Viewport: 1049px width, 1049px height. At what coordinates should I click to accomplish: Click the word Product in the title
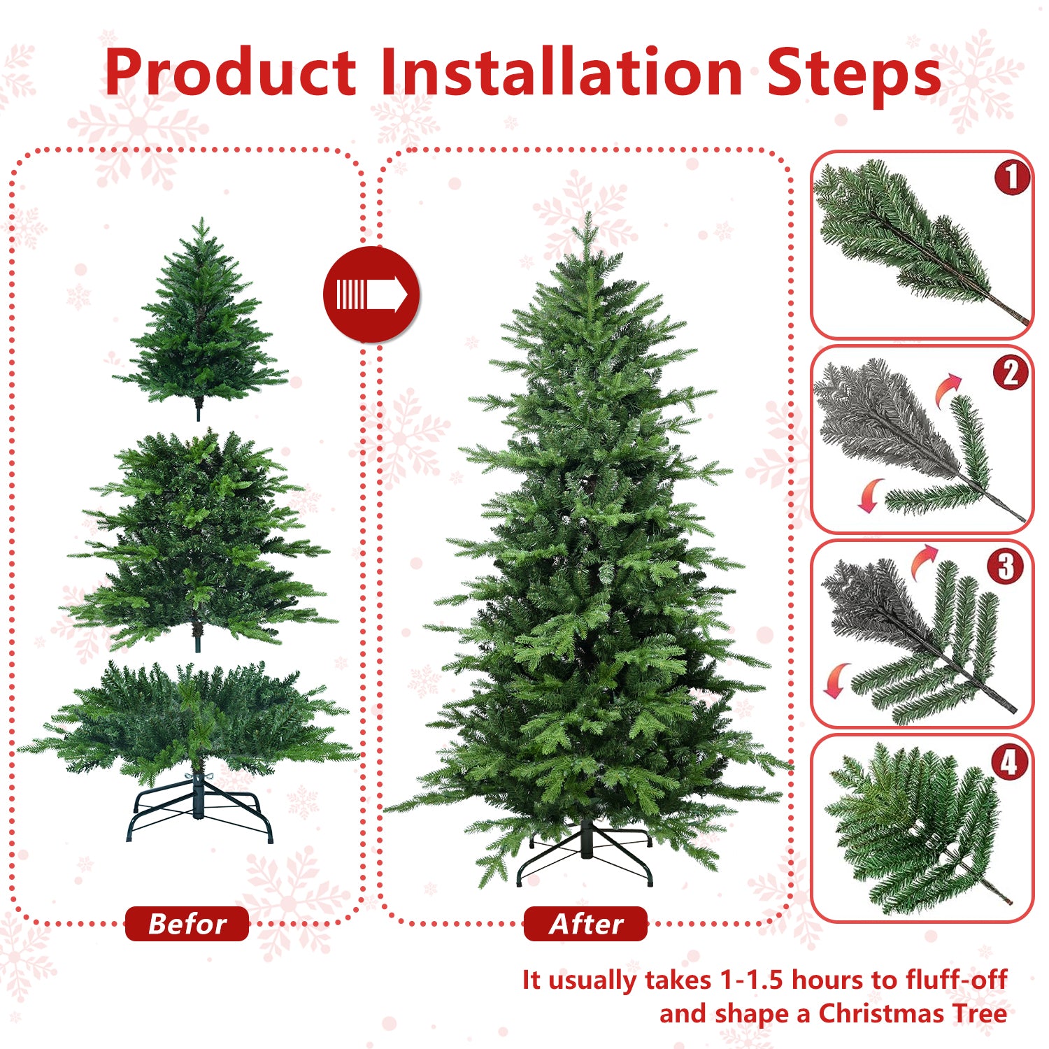click(231, 73)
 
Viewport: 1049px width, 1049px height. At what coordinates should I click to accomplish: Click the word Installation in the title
click(562, 73)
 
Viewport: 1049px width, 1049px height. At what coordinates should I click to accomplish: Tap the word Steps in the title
click(853, 73)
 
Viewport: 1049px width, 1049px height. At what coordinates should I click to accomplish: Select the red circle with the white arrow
click(371, 294)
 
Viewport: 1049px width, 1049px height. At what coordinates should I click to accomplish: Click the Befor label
click(187, 924)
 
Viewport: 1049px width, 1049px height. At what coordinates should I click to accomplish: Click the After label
click(586, 924)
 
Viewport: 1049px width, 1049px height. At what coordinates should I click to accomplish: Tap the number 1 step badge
click(1012, 178)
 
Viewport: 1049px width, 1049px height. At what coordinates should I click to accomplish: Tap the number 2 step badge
click(1011, 373)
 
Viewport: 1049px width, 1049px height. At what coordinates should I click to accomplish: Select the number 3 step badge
click(1006, 566)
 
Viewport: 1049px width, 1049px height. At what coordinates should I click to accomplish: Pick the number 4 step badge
click(1009, 762)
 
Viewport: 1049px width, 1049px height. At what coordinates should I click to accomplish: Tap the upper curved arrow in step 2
click(949, 388)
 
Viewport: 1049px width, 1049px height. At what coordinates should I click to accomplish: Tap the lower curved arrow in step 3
click(835, 680)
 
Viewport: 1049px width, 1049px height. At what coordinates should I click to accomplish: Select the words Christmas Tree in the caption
click(912, 1013)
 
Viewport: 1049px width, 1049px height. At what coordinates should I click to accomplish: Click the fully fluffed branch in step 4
click(916, 829)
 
